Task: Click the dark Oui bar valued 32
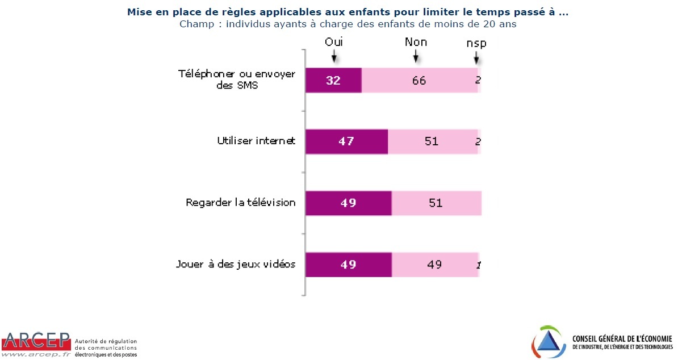[x=333, y=80]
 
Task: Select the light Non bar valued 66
[x=419, y=80]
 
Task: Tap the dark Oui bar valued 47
[x=346, y=141]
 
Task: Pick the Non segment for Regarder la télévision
[x=436, y=203]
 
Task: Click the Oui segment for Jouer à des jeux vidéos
[x=348, y=264]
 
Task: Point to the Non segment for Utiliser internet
[x=432, y=141]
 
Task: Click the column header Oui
[x=334, y=42]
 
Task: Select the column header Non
[x=416, y=43]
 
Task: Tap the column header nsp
[x=476, y=43]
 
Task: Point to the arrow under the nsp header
[x=476, y=57]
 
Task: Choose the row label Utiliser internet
[x=256, y=141]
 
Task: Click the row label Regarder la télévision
[x=241, y=203]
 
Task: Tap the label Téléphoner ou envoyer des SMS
[x=237, y=80]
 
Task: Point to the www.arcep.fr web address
[x=35, y=354]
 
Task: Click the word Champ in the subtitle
[x=196, y=24]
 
